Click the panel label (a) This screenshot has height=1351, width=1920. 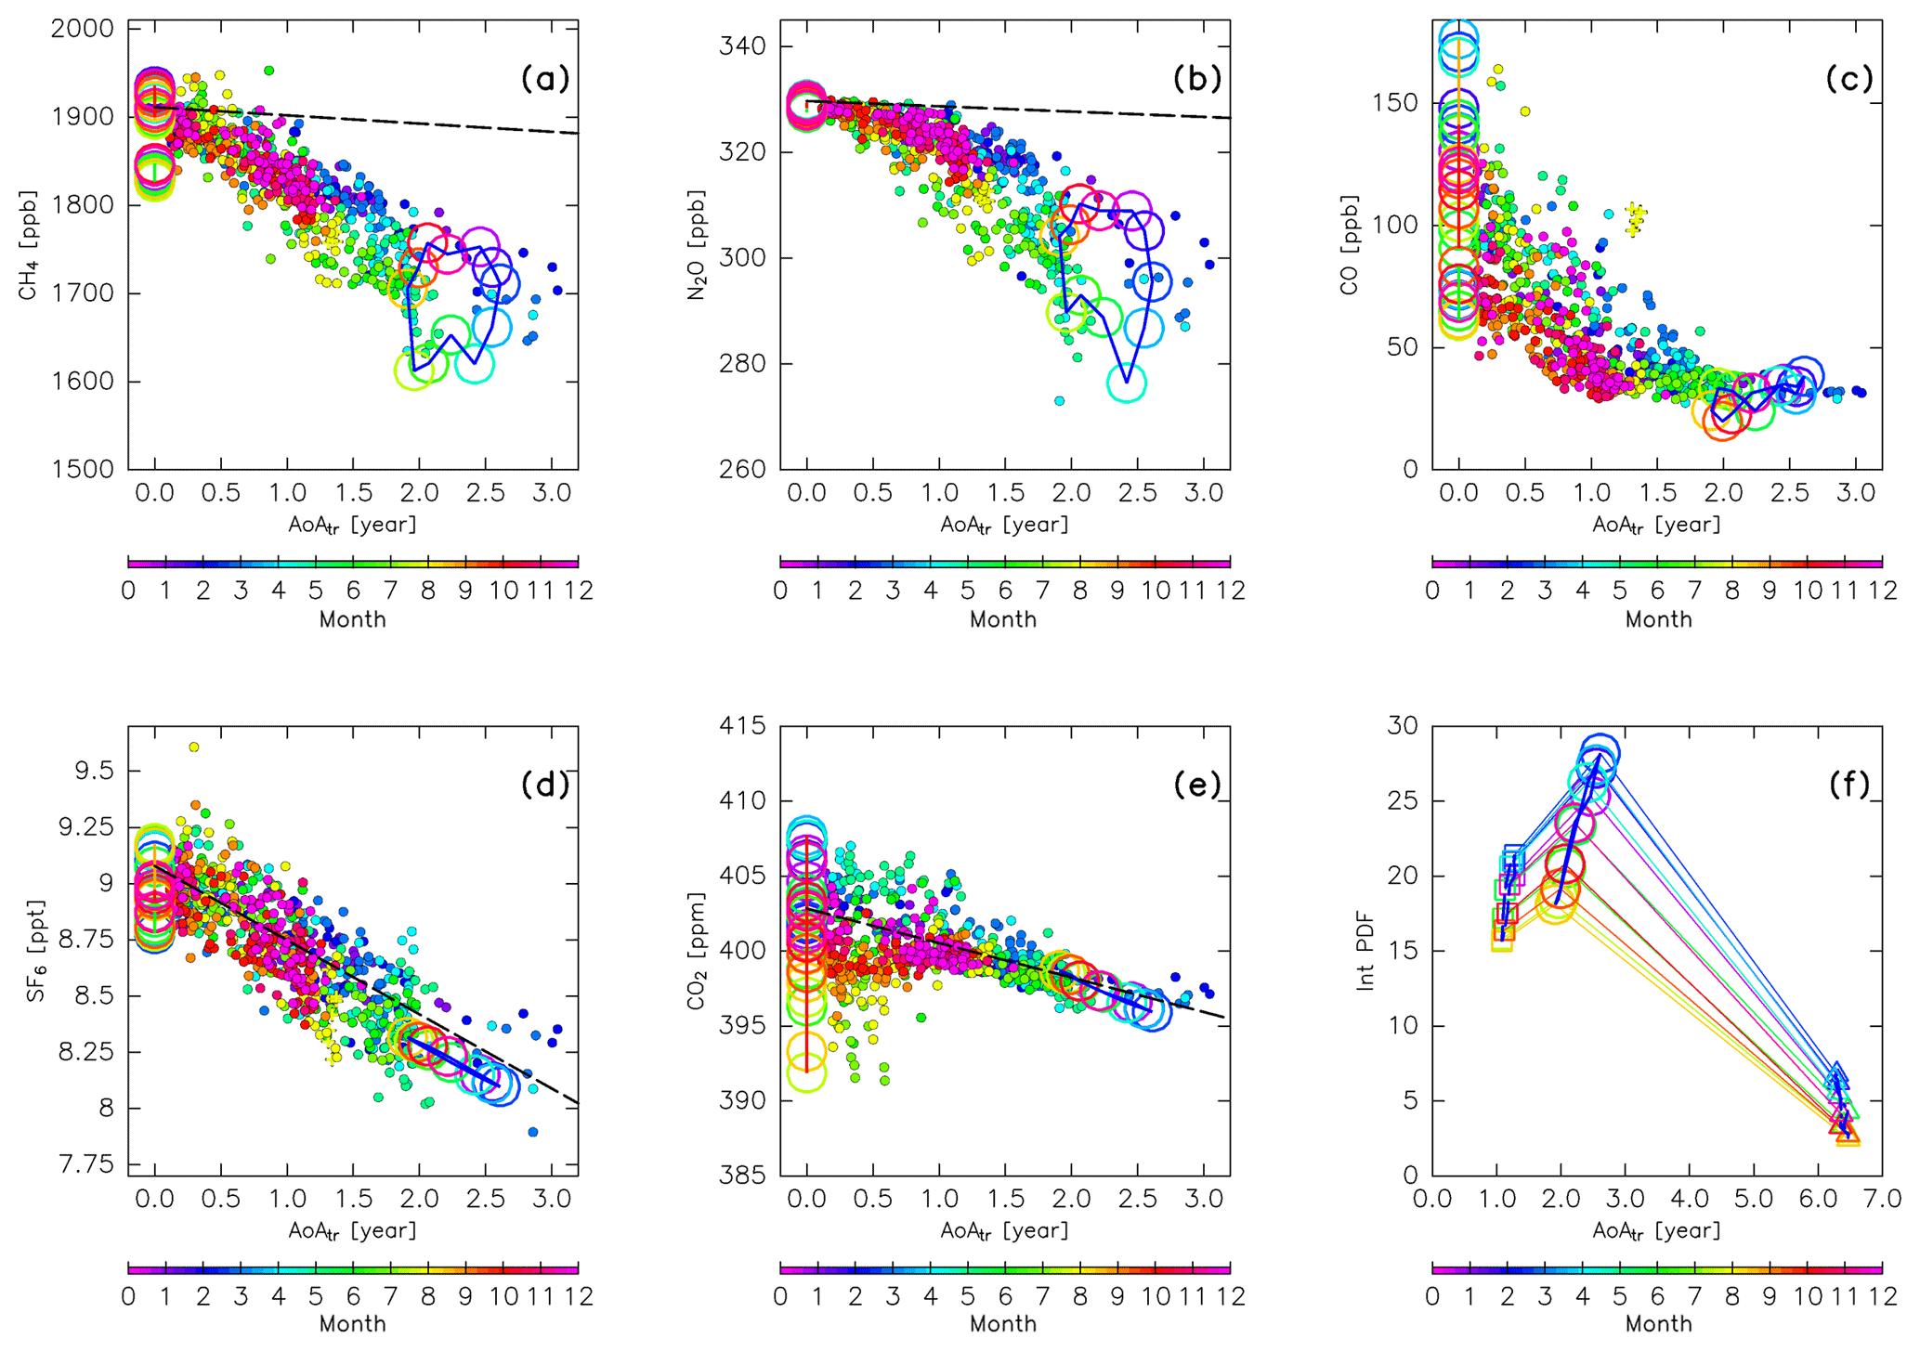(544, 79)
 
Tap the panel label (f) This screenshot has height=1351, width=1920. (1848, 786)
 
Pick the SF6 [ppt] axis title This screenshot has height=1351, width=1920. (35, 951)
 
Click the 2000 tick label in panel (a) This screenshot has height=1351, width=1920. (83, 29)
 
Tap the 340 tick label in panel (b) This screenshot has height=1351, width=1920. (743, 46)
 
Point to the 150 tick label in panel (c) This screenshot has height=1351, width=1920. (1395, 102)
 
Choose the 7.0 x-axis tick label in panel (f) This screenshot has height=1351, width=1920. (1881, 1199)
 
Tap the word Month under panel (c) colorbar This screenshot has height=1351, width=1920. (1658, 619)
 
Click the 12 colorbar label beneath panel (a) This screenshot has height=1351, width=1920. (579, 591)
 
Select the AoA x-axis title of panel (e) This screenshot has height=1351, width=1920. (1004, 1231)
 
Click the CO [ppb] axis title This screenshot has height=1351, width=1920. (1350, 246)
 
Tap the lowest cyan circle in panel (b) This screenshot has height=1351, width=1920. (1127, 383)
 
